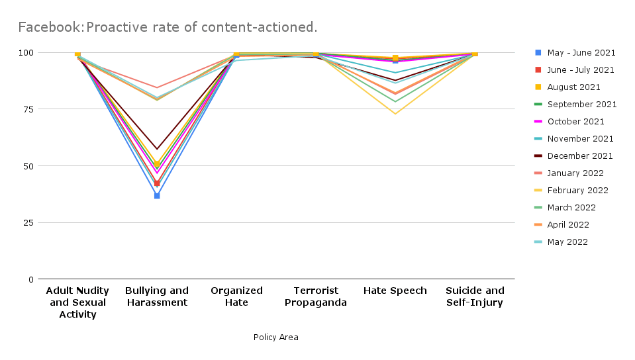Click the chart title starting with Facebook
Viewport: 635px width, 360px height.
pyautogui.click(x=168, y=27)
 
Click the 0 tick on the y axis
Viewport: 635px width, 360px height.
pyautogui.click(x=30, y=279)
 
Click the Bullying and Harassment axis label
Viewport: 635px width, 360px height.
pyautogui.click(x=157, y=296)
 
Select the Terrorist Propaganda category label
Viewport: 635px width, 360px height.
pyautogui.click(x=316, y=296)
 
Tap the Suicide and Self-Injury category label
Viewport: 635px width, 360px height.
pyautogui.click(x=475, y=296)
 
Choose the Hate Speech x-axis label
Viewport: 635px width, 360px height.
pyautogui.click(x=395, y=291)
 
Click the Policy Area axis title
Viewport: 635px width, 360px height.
pyautogui.click(x=275, y=337)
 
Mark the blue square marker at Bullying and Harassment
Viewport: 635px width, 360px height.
pyautogui.click(x=157, y=196)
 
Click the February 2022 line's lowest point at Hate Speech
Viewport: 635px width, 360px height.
pyautogui.click(x=395, y=114)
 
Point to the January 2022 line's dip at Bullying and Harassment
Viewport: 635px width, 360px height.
pyautogui.click(x=157, y=87)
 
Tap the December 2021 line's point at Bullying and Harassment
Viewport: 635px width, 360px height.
pyautogui.click(x=157, y=148)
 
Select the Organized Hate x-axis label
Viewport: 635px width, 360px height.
pyautogui.click(x=236, y=296)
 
